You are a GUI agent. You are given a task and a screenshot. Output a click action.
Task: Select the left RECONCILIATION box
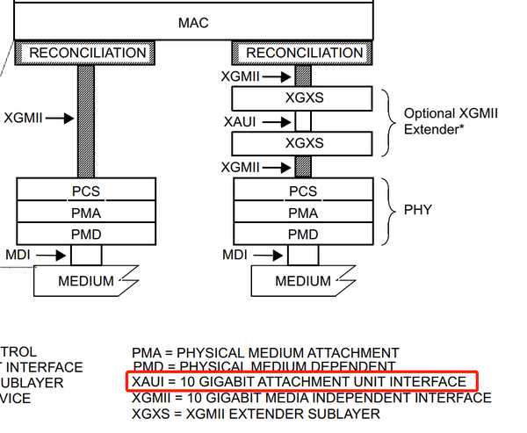(87, 53)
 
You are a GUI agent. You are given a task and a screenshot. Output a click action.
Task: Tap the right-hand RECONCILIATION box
(303, 53)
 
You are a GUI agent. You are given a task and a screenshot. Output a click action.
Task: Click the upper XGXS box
(304, 97)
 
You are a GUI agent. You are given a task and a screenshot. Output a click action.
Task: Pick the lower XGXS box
(304, 142)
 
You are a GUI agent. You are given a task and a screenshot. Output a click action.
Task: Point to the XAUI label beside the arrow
(241, 121)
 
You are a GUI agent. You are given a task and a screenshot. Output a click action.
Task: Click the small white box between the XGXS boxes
(303, 120)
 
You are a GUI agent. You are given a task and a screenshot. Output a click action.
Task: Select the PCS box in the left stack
(87, 191)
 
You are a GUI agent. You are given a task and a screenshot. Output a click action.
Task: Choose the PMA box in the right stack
(304, 213)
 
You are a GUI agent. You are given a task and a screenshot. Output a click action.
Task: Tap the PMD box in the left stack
(87, 234)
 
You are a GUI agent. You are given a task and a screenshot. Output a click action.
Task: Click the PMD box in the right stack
(304, 234)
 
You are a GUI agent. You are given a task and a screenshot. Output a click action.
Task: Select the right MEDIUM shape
(302, 281)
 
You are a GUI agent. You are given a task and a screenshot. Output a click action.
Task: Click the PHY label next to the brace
(418, 212)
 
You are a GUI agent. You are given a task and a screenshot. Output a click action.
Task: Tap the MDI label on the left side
(18, 256)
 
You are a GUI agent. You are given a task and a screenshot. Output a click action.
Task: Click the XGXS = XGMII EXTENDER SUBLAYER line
(256, 413)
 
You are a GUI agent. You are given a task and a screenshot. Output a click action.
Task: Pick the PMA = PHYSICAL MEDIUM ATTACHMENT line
(265, 352)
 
